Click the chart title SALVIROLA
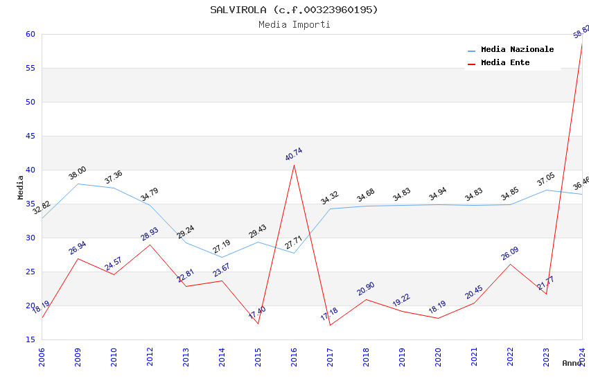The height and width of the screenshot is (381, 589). coord(294,10)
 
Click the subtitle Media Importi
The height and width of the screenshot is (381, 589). coord(294,24)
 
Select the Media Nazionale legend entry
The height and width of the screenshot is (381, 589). coord(517,50)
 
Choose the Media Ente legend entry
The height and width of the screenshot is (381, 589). coord(505,63)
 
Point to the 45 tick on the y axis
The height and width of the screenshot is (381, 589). coord(30,136)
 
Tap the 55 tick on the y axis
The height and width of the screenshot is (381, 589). coord(30,68)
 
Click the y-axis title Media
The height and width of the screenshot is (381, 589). coord(21,187)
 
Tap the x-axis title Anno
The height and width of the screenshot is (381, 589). coord(572,363)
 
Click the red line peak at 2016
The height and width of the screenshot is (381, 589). coord(294,165)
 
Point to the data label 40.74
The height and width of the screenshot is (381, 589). coord(294,154)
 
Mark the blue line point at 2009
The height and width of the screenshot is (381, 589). coord(78,184)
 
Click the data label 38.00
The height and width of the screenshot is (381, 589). coord(78,173)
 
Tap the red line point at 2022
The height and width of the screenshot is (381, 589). coord(510,264)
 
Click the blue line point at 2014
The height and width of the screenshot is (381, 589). coord(222,257)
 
